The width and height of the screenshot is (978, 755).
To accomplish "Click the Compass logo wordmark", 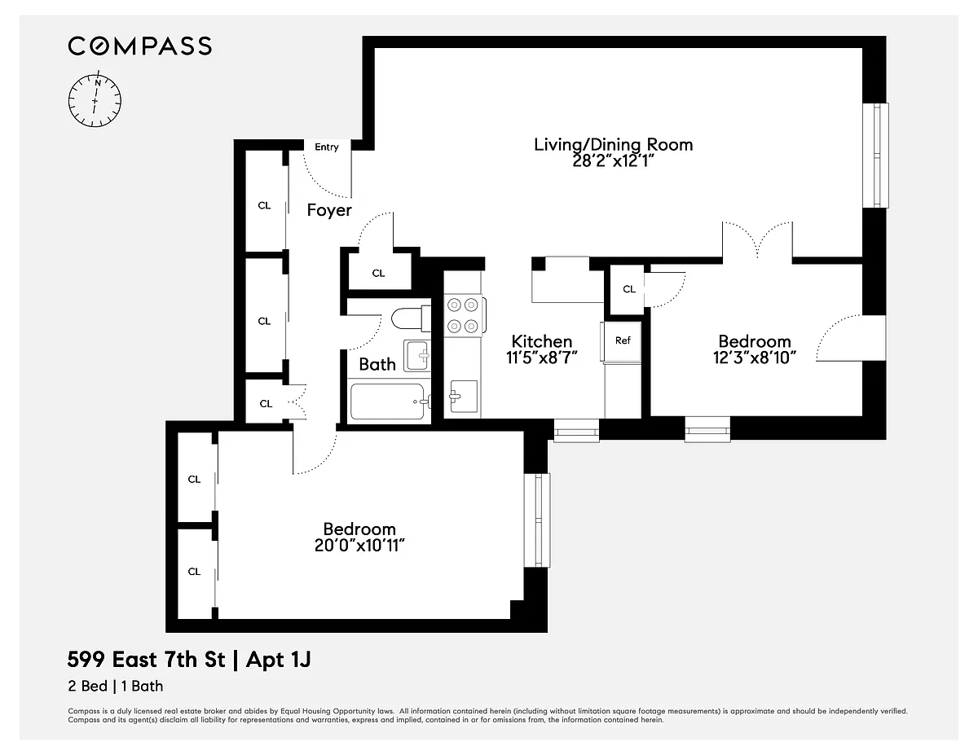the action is click(x=139, y=46).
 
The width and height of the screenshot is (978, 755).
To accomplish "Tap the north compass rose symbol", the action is click(x=95, y=100).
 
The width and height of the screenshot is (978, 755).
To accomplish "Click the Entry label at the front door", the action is click(x=327, y=147).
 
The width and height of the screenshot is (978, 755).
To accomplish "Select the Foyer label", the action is click(x=329, y=210).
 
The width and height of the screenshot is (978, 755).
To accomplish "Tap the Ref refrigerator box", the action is click(x=622, y=341).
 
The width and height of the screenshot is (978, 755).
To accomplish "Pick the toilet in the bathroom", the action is click(x=411, y=318).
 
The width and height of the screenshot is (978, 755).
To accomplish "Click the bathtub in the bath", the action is click(x=389, y=402).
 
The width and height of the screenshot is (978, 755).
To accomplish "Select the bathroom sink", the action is click(x=416, y=356).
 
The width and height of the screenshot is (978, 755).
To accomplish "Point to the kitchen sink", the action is click(x=464, y=396).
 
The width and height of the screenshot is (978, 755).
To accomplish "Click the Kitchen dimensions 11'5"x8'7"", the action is click(x=542, y=358).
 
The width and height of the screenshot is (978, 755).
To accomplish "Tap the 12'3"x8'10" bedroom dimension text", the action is click(x=755, y=358).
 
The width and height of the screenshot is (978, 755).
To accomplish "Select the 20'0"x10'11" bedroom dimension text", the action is click(x=359, y=546).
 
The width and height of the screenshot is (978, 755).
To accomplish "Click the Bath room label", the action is click(x=377, y=364).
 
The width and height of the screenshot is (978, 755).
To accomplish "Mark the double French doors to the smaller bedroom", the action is click(x=757, y=240).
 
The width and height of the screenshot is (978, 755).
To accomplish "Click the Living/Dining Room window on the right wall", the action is click(x=876, y=156).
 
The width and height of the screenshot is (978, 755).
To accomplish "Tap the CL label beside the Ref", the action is click(x=628, y=289).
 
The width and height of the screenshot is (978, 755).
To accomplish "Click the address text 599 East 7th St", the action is click(x=146, y=661).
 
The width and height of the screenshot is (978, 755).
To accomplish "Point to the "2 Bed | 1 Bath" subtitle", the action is click(x=116, y=687).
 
